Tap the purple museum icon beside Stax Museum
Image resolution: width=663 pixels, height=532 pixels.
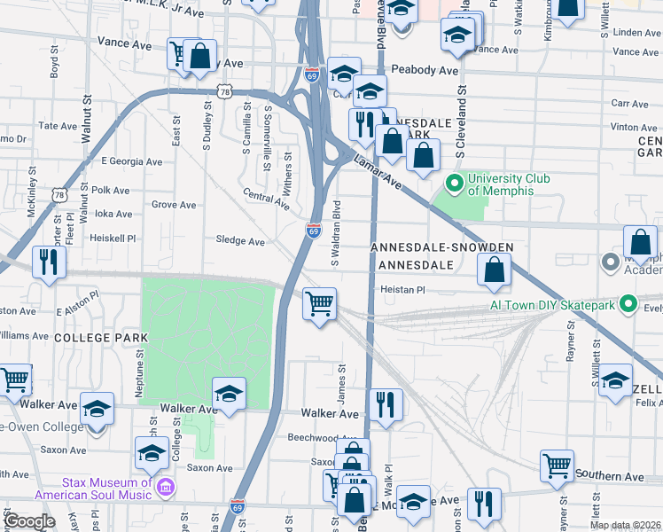(x=165, y=487)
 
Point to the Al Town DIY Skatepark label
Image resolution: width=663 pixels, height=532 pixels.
(x=553, y=305)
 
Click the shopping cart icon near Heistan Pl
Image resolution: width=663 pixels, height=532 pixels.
(x=319, y=303)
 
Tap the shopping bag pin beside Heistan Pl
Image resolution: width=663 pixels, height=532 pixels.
(x=495, y=270)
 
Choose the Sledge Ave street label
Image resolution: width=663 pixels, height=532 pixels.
(x=240, y=241)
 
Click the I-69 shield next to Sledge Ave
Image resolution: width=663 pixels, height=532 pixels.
(x=314, y=231)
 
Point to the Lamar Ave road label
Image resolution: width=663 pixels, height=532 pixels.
(x=378, y=173)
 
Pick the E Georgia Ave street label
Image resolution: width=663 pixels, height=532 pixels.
(x=132, y=162)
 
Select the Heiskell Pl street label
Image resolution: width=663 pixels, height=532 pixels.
(x=113, y=239)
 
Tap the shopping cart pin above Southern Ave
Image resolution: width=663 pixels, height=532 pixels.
(x=557, y=464)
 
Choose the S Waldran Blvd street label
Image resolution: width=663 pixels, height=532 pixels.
(x=336, y=233)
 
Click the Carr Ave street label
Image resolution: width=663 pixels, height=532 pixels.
(x=630, y=104)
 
